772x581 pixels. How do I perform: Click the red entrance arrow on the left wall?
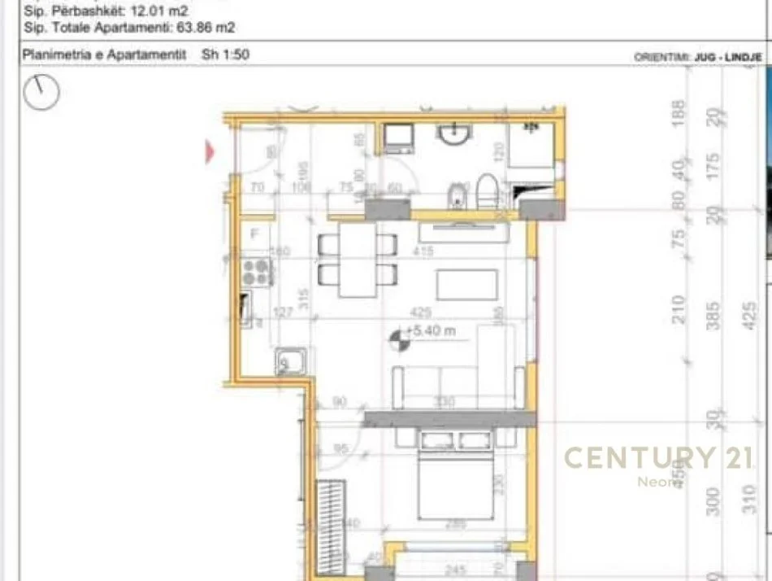(x=210, y=151)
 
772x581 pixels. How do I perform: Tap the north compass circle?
(x=41, y=92)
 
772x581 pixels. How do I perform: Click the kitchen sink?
(x=291, y=362)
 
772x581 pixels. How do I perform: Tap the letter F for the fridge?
(x=254, y=234)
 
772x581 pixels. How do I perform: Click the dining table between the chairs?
(x=357, y=260)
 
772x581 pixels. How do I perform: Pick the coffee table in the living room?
(x=466, y=285)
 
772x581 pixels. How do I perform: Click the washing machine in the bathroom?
(x=399, y=139)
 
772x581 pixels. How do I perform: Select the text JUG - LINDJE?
(x=727, y=57)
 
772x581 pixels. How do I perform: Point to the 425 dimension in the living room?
(x=420, y=312)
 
